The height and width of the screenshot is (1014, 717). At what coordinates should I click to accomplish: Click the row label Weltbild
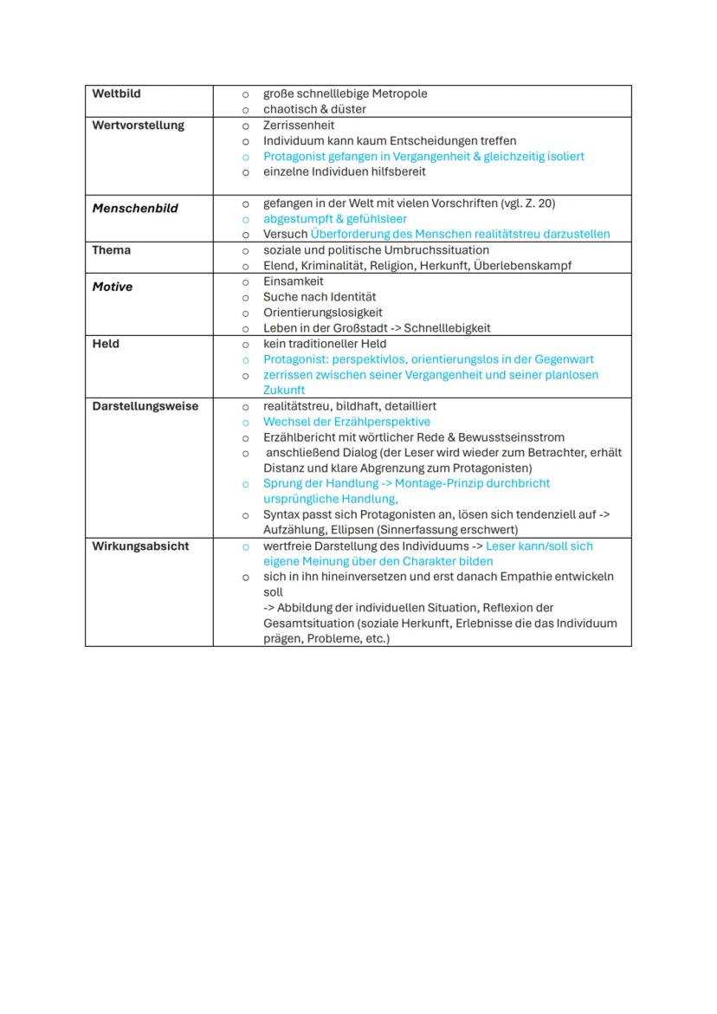[x=116, y=94]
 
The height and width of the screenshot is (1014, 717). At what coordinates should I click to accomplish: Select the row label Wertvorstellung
[x=138, y=126]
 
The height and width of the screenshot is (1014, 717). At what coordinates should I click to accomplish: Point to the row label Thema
[x=112, y=250]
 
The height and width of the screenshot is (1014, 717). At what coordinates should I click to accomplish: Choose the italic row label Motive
[x=113, y=287]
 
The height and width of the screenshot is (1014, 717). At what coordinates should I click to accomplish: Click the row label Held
[x=106, y=344]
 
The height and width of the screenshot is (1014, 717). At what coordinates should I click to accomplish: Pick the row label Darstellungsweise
[x=145, y=406]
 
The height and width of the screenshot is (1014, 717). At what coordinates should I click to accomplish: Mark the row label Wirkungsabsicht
[x=140, y=546]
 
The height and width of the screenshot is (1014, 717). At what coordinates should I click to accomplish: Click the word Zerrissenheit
[x=299, y=126]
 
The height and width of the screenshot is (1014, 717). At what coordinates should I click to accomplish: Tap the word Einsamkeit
[x=294, y=281]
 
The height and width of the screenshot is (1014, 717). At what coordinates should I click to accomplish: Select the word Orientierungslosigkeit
[x=322, y=313]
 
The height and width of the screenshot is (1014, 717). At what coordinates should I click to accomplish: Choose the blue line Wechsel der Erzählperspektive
[x=346, y=422]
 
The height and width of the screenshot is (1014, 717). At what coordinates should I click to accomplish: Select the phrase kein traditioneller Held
[x=325, y=344]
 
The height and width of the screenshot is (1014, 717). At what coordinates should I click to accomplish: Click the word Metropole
[x=399, y=94]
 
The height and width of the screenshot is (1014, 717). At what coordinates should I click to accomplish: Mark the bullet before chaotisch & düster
[x=245, y=110]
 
